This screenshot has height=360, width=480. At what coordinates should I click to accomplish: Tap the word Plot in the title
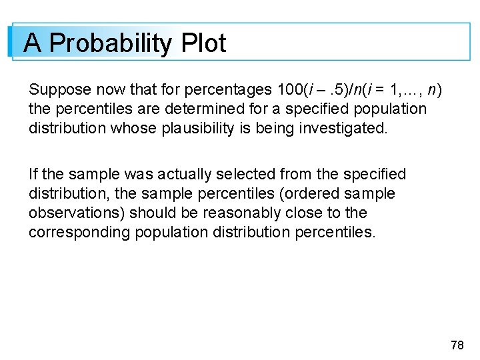[203, 44]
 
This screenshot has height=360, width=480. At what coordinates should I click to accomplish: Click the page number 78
[457, 345]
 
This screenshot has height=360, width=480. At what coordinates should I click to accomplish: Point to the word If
[33, 175]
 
